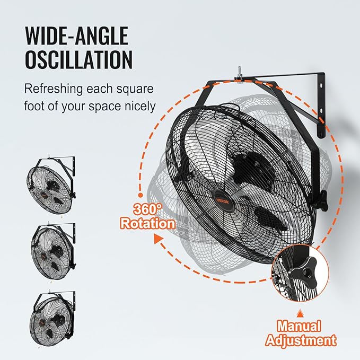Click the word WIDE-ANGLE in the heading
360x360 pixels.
tap(77, 36)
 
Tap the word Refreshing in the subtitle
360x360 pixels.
tap(53, 89)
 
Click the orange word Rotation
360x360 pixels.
tap(148, 223)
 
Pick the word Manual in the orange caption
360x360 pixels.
tap(298, 326)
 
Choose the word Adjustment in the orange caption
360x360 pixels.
tap(301, 340)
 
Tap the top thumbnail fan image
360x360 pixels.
tap(51, 185)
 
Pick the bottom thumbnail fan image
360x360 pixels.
tap(52, 318)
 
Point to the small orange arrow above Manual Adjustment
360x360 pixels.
tap(300, 314)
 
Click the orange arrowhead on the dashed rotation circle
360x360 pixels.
tap(157, 239)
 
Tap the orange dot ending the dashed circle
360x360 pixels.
tap(141, 195)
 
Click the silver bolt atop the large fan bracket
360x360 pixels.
tap(240, 73)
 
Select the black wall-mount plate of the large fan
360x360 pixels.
tap(321, 105)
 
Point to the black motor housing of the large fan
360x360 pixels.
tap(254, 169)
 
